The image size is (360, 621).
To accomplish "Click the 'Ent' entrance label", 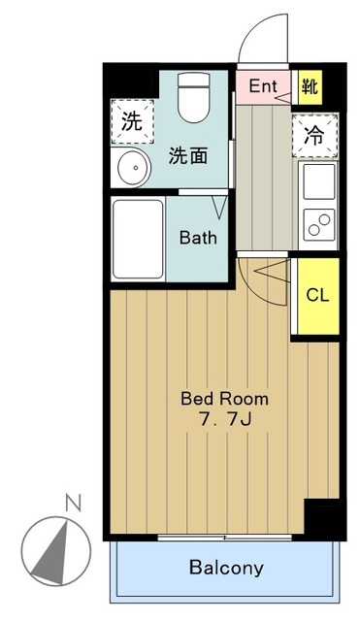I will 262,86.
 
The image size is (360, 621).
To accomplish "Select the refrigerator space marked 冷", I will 314,136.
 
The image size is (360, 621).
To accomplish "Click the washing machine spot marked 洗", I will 131,121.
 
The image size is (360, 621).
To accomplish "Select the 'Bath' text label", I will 198,238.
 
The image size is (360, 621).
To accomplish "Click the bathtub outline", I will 137,239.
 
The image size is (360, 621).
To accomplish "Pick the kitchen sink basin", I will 317,181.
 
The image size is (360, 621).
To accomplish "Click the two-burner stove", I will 317,223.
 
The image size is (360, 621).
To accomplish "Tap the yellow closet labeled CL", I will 317,295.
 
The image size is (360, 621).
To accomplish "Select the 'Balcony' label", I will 225,569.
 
